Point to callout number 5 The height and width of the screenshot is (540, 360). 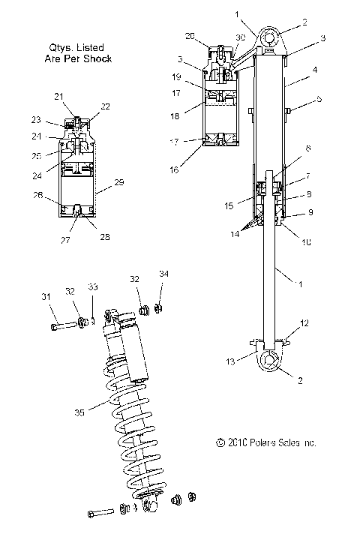click(318, 98)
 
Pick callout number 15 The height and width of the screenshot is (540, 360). click(229, 203)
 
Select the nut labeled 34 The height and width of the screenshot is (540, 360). click(159, 307)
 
